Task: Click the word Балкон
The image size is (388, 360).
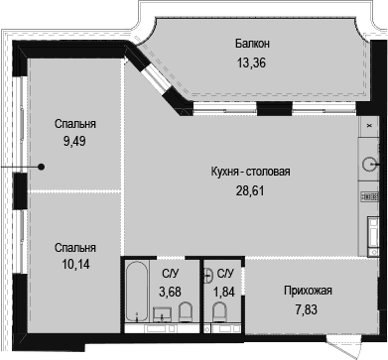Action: pos(253,44)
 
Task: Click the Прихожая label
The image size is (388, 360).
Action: pos(307,291)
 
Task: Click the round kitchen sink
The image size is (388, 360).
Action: pos(372,165)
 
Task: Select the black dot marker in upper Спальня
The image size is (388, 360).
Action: pos(41,167)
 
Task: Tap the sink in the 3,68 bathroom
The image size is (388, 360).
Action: pos(162,316)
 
